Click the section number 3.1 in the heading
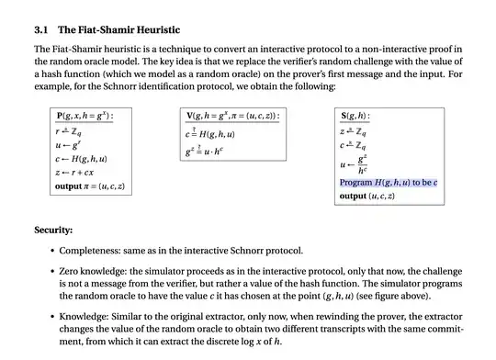click(x=41, y=29)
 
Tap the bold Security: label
click(x=53, y=230)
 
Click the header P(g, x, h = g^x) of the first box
click(x=92, y=117)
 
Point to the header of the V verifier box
click(x=233, y=117)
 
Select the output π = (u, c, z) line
click(x=90, y=186)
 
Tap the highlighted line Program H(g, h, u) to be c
click(x=389, y=183)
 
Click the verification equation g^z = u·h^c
click(x=217, y=150)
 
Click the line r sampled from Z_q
click(x=72, y=130)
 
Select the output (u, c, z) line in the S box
click(x=366, y=196)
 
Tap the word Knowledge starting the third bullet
click(x=85, y=316)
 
